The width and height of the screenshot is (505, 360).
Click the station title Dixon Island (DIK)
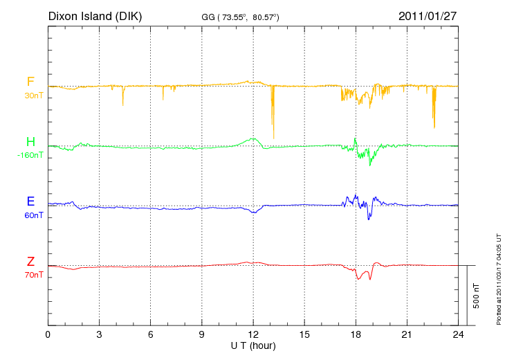coord(95,15)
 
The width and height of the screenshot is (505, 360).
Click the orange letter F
coord(30,82)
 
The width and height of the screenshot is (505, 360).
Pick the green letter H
coord(30,142)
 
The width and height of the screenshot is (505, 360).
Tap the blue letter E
coord(30,201)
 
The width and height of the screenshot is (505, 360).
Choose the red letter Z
coord(30,261)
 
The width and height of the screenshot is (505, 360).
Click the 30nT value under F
coord(33,96)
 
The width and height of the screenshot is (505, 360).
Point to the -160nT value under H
coord(30,155)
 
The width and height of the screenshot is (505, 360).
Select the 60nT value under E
coord(33,215)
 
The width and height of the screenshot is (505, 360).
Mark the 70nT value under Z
coord(33,275)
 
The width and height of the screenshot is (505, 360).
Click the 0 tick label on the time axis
coord(48,334)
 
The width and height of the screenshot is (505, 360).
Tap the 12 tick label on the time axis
coord(253,334)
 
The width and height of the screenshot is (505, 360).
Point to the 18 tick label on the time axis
coord(356,334)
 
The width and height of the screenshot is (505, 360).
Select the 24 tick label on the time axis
coord(458,334)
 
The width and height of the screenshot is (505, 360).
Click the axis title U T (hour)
coord(253,345)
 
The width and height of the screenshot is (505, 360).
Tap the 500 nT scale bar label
coord(477,296)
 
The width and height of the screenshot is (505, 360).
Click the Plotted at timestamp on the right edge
coord(498,277)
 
